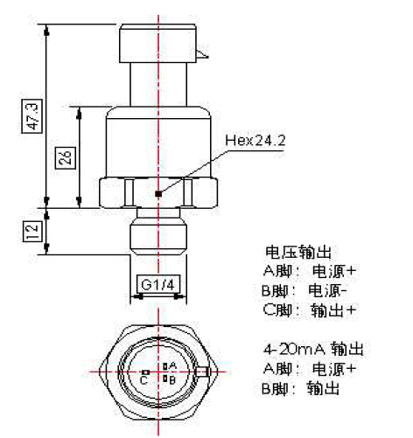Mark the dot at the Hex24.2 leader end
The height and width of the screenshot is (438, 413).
[x=157, y=193]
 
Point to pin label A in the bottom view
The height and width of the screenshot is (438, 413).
[x=172, y=365]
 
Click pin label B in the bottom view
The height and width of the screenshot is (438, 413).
[x=172, y=379]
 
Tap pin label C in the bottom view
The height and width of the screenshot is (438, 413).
[x=142, y=379]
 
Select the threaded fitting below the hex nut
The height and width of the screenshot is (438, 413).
[x=157, y=234]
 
